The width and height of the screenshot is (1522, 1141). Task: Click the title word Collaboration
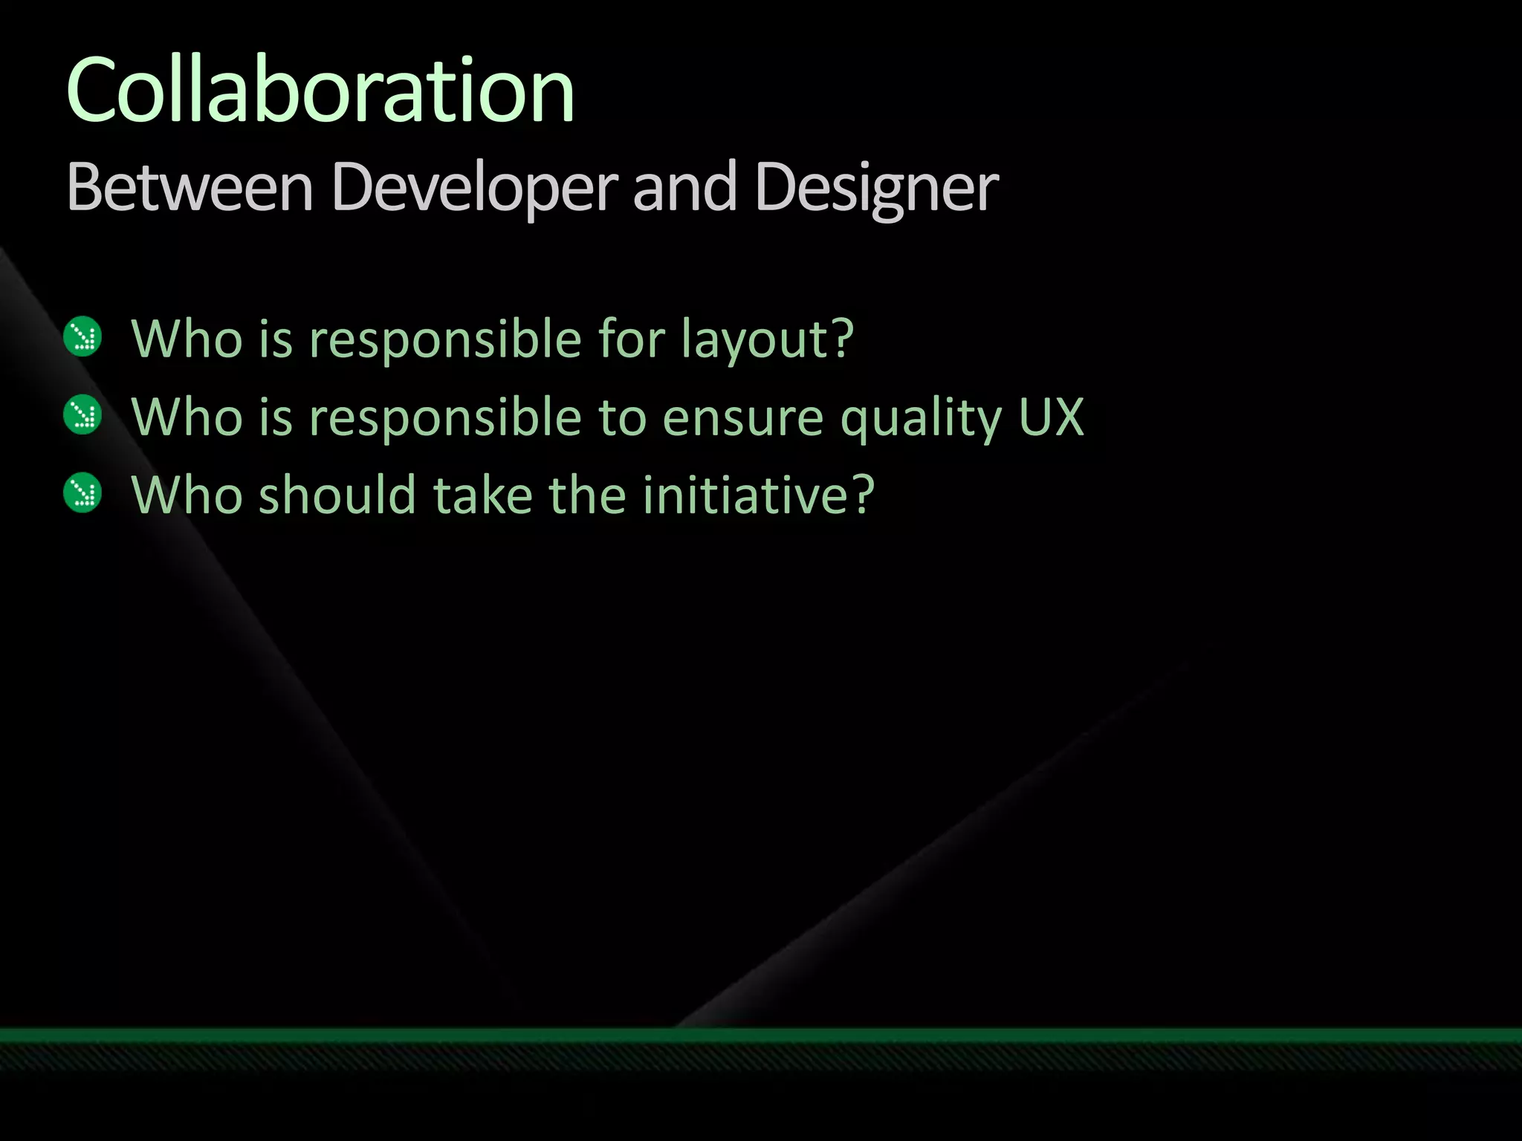click(320, 91)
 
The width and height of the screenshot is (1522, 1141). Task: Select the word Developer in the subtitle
click(474, 187)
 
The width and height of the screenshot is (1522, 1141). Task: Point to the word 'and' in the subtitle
click(684, 187)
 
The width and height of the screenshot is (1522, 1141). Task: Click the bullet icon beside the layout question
click(82, 337)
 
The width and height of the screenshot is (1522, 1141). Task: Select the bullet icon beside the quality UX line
click(82, 415)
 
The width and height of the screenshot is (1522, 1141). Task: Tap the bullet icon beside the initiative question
click(82, 493)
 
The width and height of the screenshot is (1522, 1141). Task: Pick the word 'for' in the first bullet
click(631, 339)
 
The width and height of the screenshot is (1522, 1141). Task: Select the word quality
click(922, 418)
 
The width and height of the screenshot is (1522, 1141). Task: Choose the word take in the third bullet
click(483, 495)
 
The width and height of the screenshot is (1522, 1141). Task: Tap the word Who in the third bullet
click(187, 495)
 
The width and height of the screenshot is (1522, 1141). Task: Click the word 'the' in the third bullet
click(588, 495)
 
